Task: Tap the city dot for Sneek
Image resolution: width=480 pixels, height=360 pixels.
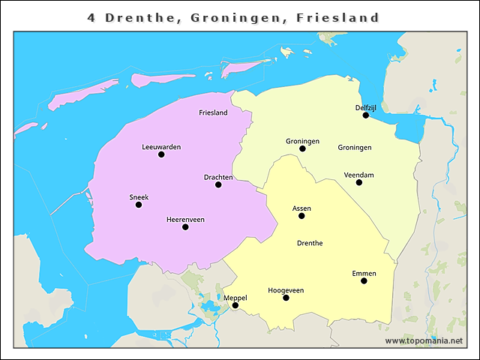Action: (x=139, y=205)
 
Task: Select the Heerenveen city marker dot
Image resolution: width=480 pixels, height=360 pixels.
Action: (x=185, y=226)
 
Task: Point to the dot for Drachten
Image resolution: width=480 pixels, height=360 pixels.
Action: (x=218, y=184)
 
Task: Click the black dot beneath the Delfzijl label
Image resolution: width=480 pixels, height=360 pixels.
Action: (x=366, y=115)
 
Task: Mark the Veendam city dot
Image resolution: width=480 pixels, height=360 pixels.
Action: (x=359, y=182)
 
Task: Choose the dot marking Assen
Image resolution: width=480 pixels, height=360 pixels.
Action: (x=301, y=216)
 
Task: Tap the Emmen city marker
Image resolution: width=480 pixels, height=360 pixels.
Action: (x=364, y=281)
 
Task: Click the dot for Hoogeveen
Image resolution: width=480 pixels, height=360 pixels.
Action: (x=286, y=298)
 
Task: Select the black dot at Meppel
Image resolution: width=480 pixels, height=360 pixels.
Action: (x=235, y=305)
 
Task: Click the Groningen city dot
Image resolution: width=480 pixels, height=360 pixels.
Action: (x=302, y=148)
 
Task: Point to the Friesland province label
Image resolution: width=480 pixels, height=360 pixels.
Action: (x=213, y=113)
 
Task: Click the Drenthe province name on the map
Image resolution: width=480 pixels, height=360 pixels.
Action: (x=310, y=243)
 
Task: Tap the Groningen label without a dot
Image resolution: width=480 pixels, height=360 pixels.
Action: (x=355, y=148)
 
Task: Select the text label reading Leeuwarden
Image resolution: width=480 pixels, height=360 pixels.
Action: (x=161, y=147)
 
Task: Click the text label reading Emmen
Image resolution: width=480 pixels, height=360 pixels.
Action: (x=364, y=273)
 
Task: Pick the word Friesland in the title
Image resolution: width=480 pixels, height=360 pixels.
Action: (x=341, y=17)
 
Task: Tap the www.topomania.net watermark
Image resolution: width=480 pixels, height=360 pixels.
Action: (x=424, y=341)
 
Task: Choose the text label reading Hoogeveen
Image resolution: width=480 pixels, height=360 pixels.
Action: (x=286, y=289)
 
